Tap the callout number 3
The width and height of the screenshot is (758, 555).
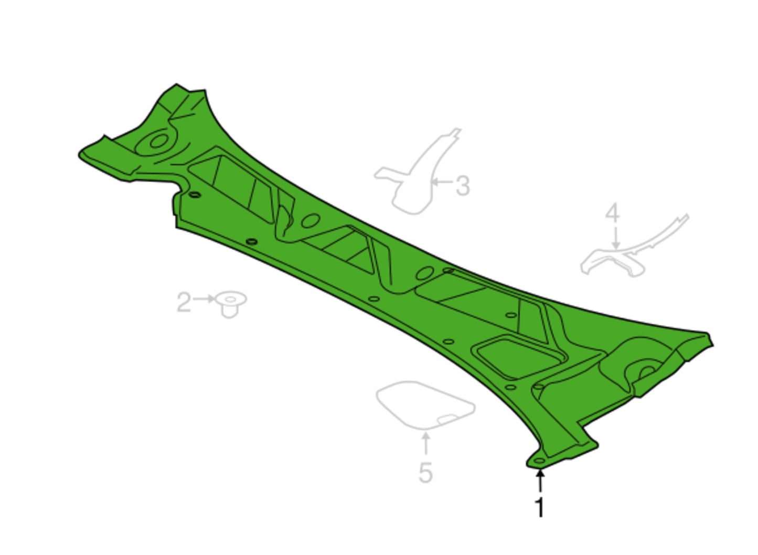point(463,186)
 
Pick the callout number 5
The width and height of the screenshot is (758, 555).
point(426,473)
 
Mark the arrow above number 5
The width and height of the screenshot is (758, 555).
point(426,443)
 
